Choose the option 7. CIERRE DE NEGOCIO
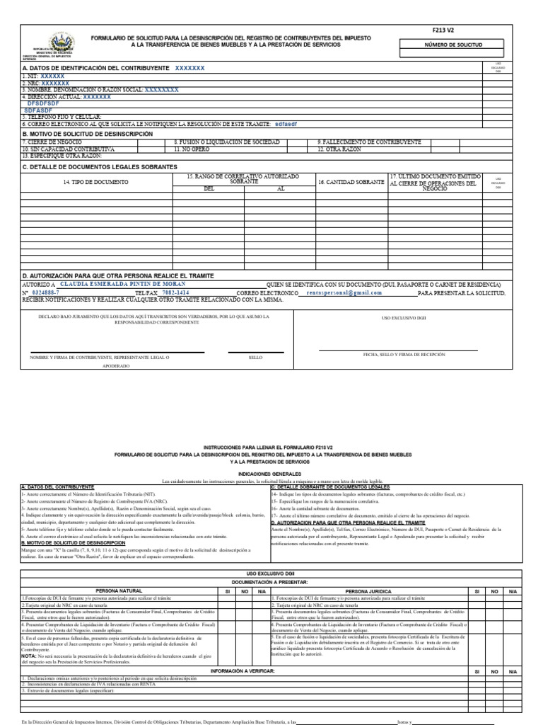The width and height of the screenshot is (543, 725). [49, 142]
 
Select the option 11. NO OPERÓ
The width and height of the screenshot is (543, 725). [195, 149]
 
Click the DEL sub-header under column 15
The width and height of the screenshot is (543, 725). [209, 189]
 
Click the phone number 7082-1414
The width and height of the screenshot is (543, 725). [175, 292]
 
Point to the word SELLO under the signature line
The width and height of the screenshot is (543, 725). [255, 358]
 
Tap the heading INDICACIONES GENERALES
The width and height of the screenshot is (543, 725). [271, 474]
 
